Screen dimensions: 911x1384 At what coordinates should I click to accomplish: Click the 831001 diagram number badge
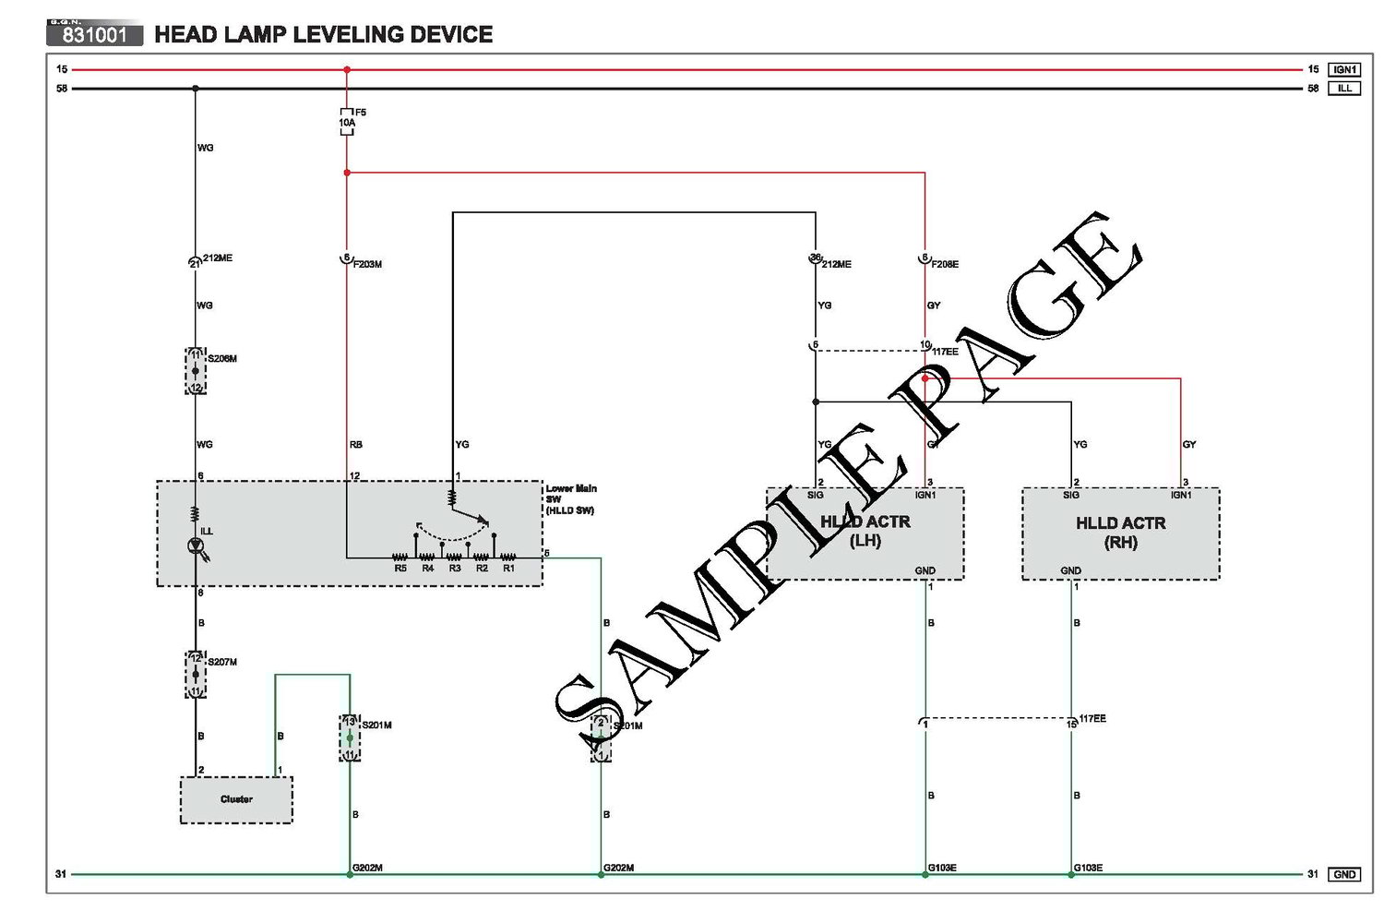pyautogui.click(x=94, y=35)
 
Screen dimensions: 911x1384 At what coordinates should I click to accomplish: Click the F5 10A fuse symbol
pyautogui.click(x=347, y=122)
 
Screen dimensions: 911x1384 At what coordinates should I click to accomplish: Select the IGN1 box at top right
pyautogui.click(x=1344, y=69)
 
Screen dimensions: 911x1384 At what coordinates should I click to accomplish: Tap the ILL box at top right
pyautogui.click(x=1344, y=89)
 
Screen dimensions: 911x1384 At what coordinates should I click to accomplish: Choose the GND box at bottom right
pyautogui.click(x=1344, y=874)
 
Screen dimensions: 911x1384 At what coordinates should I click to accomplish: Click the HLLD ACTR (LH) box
pyautogui.click(x=865, y=533)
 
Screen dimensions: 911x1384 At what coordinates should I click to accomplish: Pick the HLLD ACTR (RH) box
pyautogui.click(x=1120, y=533)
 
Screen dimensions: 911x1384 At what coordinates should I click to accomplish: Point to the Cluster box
pyautogui.click(x=236, y=799)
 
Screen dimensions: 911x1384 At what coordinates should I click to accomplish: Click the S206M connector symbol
pyautogui.click(x=196, y=371)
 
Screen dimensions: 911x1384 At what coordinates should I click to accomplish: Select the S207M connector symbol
pyautogui.click(x=196, y=674)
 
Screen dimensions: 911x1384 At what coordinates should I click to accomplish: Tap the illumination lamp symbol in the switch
pyautogui.click(x=197, y=546)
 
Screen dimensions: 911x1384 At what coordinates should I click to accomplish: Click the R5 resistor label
pyautogui.click(x=400, y=569)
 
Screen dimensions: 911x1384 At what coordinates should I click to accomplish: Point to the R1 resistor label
pyautogui.click(x=508, y=569)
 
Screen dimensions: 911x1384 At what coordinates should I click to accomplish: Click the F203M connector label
pyautogui.click(x=367, y=265)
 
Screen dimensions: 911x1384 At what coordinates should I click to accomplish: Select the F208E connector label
pyautogui.click(x=945, y=265)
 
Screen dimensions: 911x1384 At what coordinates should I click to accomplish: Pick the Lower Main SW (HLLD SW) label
pyautogui.click(x=571, y=499)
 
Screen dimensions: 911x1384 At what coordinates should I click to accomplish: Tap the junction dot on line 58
pyautogui.click(x=195, y=89)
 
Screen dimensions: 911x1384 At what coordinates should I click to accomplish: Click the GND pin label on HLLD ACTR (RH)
pyautogui.click(x=1070, y=570)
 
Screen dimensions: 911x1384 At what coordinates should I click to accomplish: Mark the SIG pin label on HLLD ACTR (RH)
pyautogui.click(x=1070, y=496)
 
